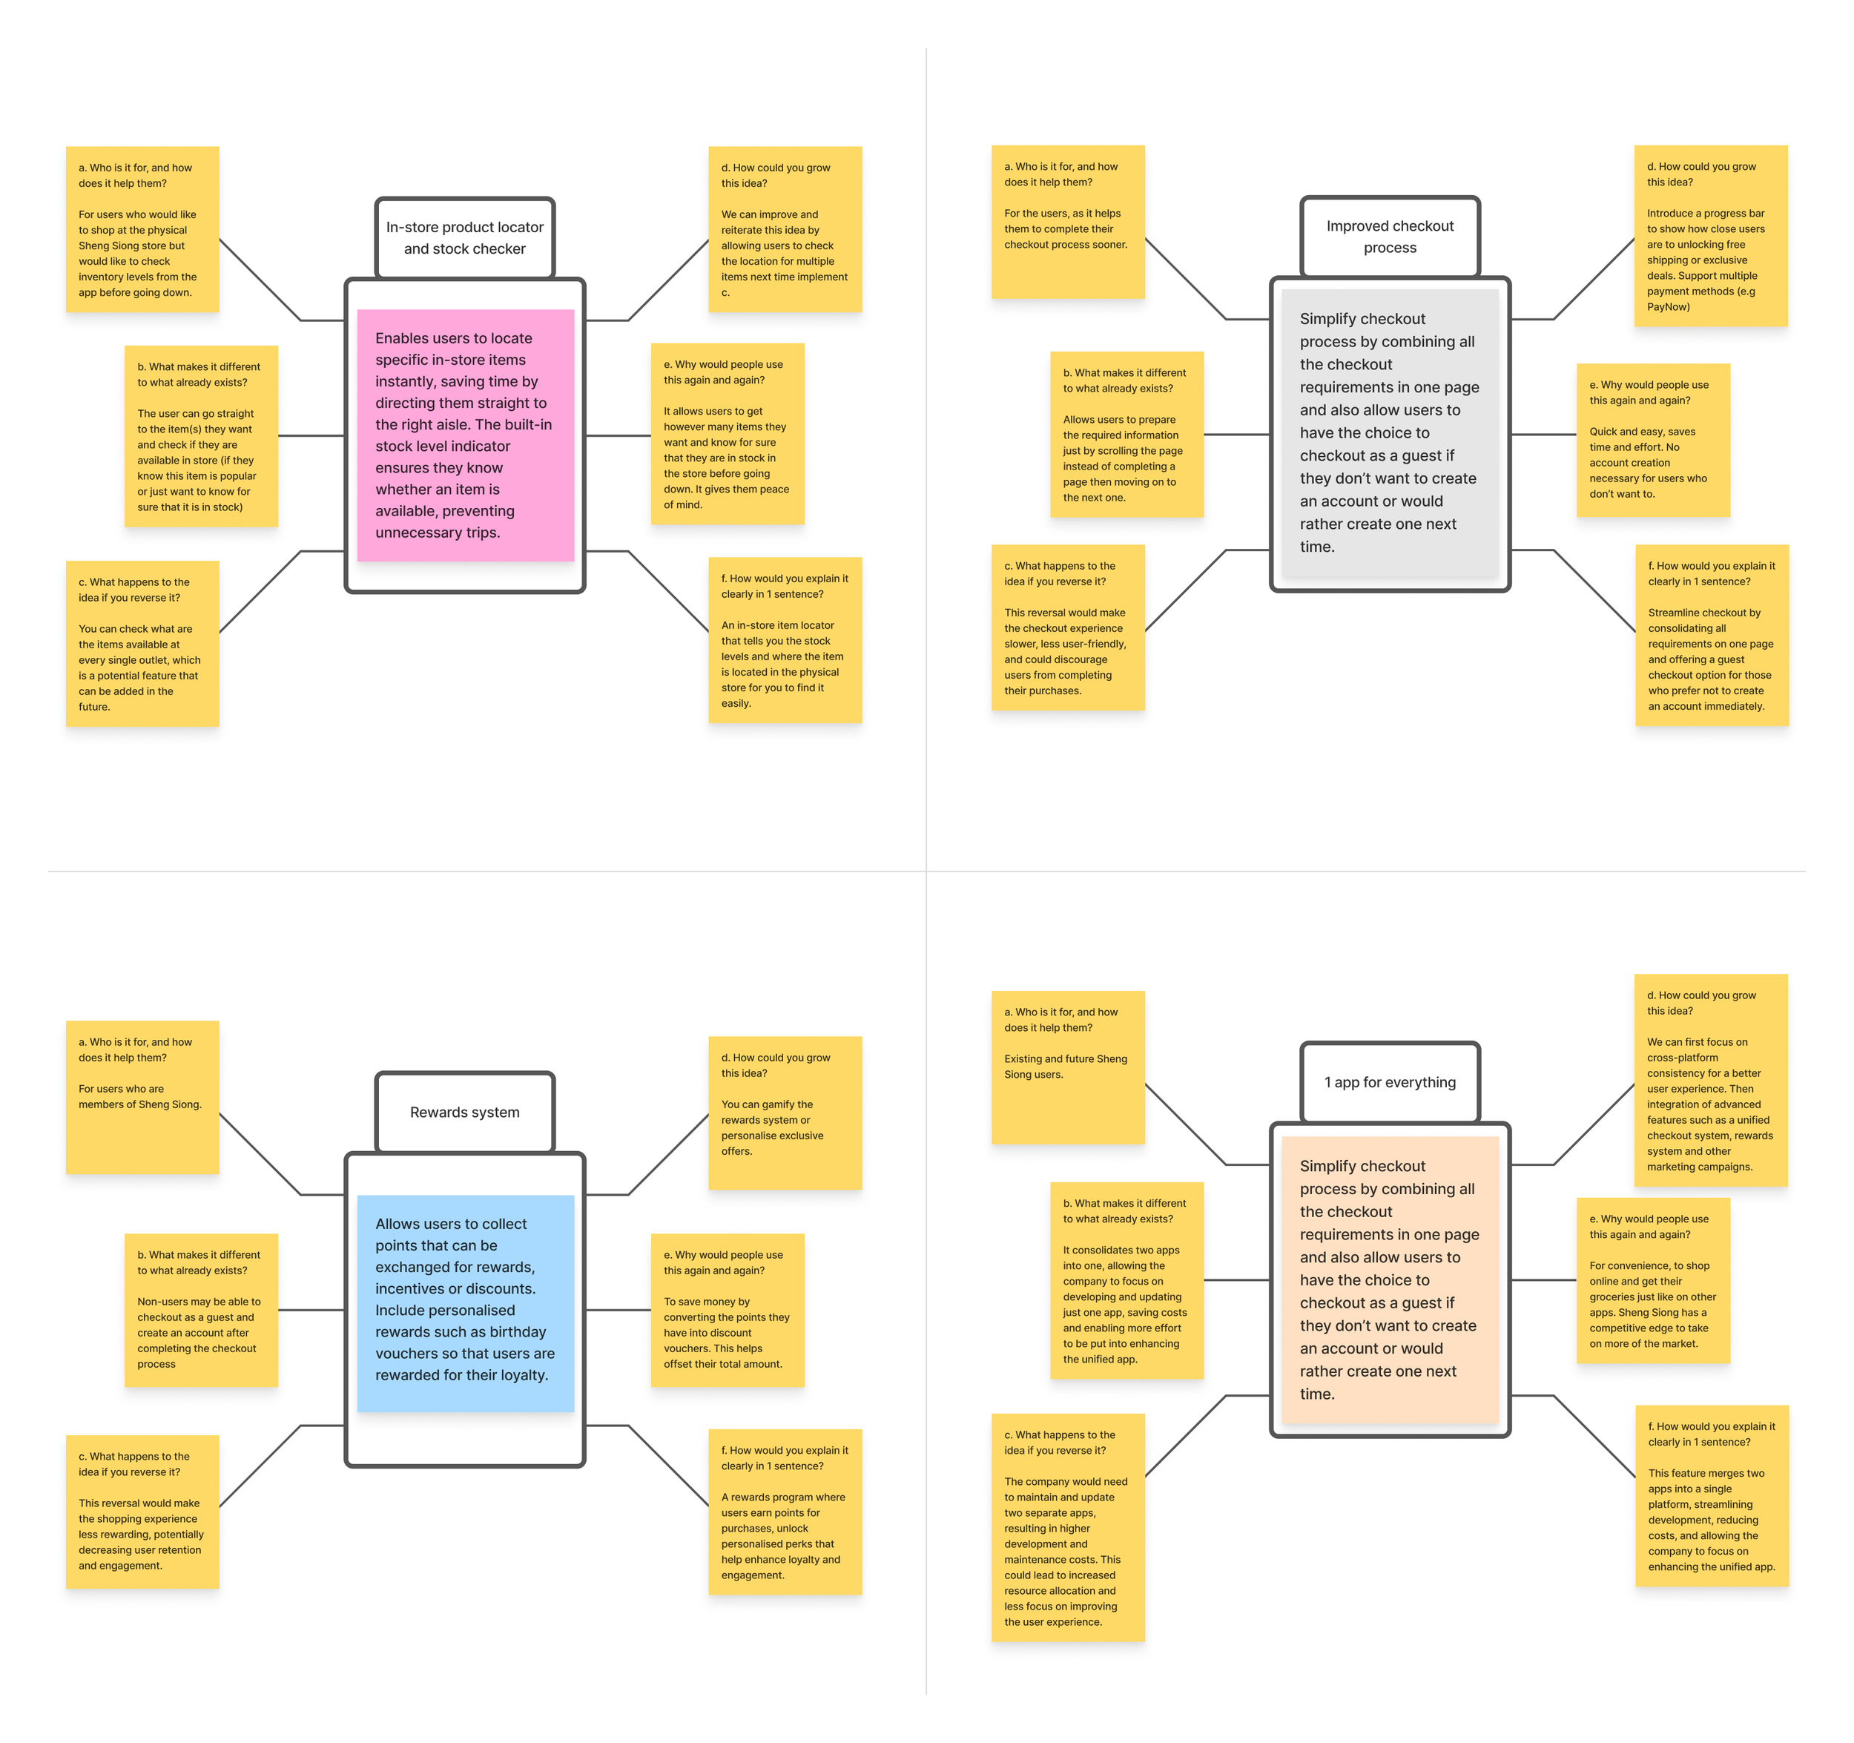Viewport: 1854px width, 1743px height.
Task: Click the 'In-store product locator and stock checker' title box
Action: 464,238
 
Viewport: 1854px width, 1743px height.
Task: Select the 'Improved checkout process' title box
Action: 1390,237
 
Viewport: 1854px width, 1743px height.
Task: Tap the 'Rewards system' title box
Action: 464,1112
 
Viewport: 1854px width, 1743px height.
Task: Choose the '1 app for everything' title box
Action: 1390,1082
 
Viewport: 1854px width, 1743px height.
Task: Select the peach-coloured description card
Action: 1390,1279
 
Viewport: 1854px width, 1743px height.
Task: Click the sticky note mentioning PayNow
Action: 1709,236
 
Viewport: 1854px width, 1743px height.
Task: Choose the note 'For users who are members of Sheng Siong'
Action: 142,1097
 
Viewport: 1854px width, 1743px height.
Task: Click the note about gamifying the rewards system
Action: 785,1113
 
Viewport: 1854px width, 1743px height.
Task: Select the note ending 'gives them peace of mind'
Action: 727,434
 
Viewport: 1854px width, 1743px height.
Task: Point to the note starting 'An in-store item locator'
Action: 785,640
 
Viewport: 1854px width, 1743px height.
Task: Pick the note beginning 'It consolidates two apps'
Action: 1126,1279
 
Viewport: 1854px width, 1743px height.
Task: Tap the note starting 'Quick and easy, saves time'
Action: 1652,439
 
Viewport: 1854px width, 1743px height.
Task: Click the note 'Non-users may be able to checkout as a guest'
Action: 200,1309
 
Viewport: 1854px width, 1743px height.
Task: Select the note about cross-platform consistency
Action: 1709,1080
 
